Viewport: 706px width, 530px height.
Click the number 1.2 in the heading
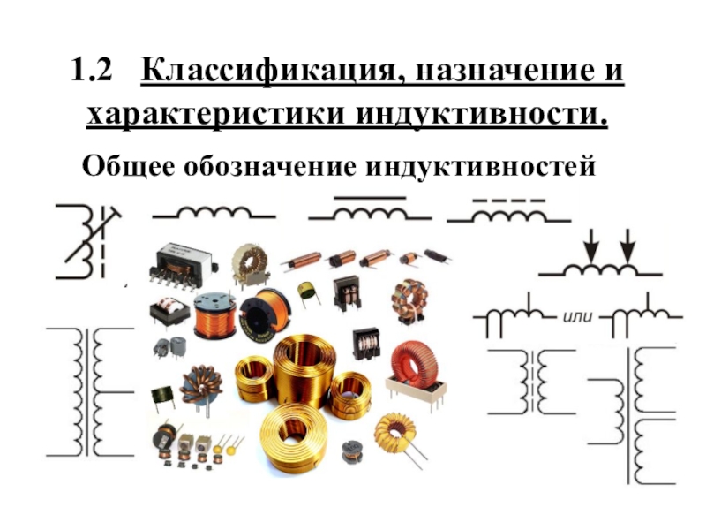92,71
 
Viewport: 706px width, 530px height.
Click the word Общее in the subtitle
128,166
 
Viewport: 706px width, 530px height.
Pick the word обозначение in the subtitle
270,166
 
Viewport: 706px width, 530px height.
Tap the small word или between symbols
578,316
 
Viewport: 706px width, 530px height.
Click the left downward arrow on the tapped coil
591,246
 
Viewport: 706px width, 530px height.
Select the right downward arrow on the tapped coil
627,246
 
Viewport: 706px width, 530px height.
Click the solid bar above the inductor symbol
370,197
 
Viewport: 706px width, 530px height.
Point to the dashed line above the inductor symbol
509,201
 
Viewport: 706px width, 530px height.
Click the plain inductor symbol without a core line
214,214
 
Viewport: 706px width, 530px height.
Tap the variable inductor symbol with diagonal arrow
88,241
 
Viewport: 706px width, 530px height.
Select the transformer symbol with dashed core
532,382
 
